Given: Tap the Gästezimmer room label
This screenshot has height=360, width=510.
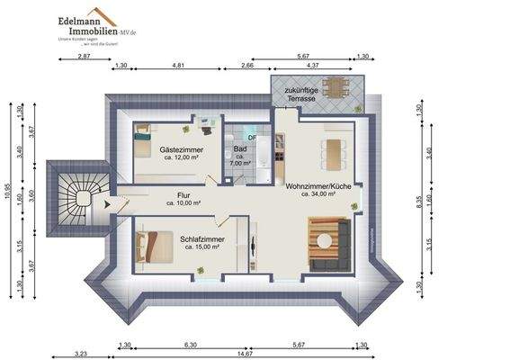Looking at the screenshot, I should (179, 148).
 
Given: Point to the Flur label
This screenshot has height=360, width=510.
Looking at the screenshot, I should (183, 194).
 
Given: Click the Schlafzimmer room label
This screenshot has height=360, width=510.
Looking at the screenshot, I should (201, 238).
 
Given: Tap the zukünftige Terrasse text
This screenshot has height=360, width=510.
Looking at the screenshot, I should (300, 94).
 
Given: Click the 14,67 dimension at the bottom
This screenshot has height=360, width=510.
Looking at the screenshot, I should (245, 354).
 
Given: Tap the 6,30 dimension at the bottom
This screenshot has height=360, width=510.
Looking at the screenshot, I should (190, 345).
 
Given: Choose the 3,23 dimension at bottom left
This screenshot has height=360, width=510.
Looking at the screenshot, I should (79, 354).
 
